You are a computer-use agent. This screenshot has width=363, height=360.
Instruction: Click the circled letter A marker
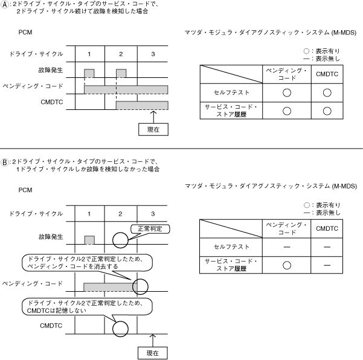[5, 5]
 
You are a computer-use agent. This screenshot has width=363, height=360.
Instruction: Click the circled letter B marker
[5, 161]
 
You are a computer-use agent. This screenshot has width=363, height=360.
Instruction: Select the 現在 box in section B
[153, 352]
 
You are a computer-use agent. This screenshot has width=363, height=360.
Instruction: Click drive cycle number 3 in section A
[153, 54]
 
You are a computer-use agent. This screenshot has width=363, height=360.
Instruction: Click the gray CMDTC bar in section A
[141, 106]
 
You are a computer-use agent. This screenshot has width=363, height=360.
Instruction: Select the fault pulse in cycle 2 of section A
[121, 72]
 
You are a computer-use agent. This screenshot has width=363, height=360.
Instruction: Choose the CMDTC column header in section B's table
[327, 228]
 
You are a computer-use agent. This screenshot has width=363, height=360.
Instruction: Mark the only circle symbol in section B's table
[287, 264]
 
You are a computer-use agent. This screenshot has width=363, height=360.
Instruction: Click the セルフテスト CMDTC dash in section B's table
[327, 246]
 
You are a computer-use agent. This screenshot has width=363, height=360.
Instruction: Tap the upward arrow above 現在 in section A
[153, 115]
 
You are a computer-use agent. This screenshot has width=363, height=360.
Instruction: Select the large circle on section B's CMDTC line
[121, 329]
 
